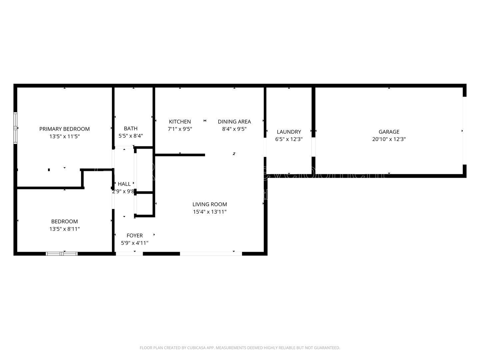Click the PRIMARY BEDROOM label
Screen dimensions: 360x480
(x=64, y=129)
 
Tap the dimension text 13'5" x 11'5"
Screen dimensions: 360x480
(x=64, y=136)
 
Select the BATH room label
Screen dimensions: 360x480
(x=131, y=128)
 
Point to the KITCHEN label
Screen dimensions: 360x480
(x=180, y=122)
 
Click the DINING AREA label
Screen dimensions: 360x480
(x=234, y=122)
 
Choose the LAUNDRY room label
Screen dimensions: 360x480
(x=289, y=132)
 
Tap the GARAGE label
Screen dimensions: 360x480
(x=389, y=132)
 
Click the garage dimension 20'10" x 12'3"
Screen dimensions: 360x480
(x=389, y=139)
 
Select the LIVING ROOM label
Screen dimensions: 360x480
(x=210, y=204)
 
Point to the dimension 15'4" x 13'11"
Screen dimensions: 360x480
(x=210, y=212)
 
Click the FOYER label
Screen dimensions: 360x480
(x=135, y=236)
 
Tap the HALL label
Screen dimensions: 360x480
(x=124, y=184)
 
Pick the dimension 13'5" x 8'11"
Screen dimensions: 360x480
(x=64, y=229)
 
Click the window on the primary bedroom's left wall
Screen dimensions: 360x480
(x=15, y=128)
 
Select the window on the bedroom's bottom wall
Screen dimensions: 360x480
(x=62, y=254)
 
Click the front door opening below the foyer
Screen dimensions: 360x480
(x=129, y=254)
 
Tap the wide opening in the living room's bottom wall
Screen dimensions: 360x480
(x=211, y=254)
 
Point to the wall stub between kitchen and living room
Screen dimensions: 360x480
(x=180, y=155)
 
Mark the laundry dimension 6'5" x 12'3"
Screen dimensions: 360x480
(x=289, y=139)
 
